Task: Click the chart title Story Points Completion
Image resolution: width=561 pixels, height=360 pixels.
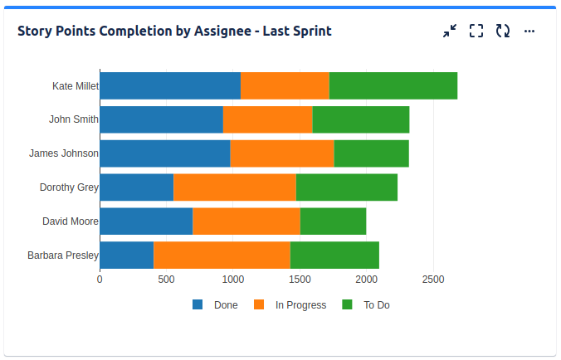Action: [174, 32]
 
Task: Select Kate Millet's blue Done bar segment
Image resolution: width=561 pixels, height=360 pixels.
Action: [170, 85]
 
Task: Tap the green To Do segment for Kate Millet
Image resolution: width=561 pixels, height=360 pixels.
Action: [393, 85]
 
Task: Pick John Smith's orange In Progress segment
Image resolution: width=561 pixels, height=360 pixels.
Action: [267, 119]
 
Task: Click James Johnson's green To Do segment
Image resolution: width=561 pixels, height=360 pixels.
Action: [371, 153]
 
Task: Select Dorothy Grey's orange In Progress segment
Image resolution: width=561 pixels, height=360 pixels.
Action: [235, 187]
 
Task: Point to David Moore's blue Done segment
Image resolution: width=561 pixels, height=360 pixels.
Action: [146, 221]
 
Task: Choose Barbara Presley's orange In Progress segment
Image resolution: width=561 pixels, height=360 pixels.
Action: [222, 255]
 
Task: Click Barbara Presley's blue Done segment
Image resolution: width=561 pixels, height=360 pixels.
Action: [127, 255]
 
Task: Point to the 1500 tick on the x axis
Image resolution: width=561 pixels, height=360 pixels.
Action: [300, 280]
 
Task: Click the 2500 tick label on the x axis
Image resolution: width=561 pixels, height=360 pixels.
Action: [433, 280]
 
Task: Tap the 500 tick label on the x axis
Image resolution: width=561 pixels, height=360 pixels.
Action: [166, 280]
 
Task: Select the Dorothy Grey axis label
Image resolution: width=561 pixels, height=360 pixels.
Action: [69, 187]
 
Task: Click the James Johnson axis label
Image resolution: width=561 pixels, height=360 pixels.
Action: [64, 153]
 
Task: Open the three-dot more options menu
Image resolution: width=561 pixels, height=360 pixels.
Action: [529, 32]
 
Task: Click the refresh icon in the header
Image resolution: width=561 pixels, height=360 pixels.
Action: [503, 32]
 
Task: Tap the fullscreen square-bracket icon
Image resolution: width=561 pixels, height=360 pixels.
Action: [476, 32]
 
